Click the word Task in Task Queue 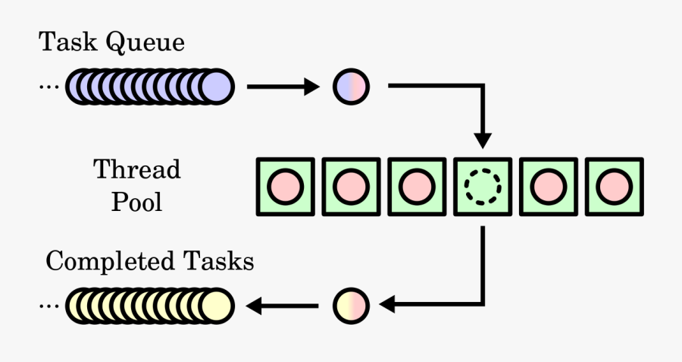[58, 42]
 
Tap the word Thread [137, 168]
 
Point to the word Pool [137, 203]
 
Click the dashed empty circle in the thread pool [482, 185]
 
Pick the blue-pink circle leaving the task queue [351, 87]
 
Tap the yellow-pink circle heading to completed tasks [351, 305]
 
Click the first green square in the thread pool [285, 185]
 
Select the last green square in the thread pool [613, 185]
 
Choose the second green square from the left [351, 185]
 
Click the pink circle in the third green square [416, 185]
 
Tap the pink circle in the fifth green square [548, 185]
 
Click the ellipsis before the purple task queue [48, 87]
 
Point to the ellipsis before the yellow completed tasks [48, 306]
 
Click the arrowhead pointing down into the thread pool [482, 140]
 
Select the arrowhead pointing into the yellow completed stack [255, 306]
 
